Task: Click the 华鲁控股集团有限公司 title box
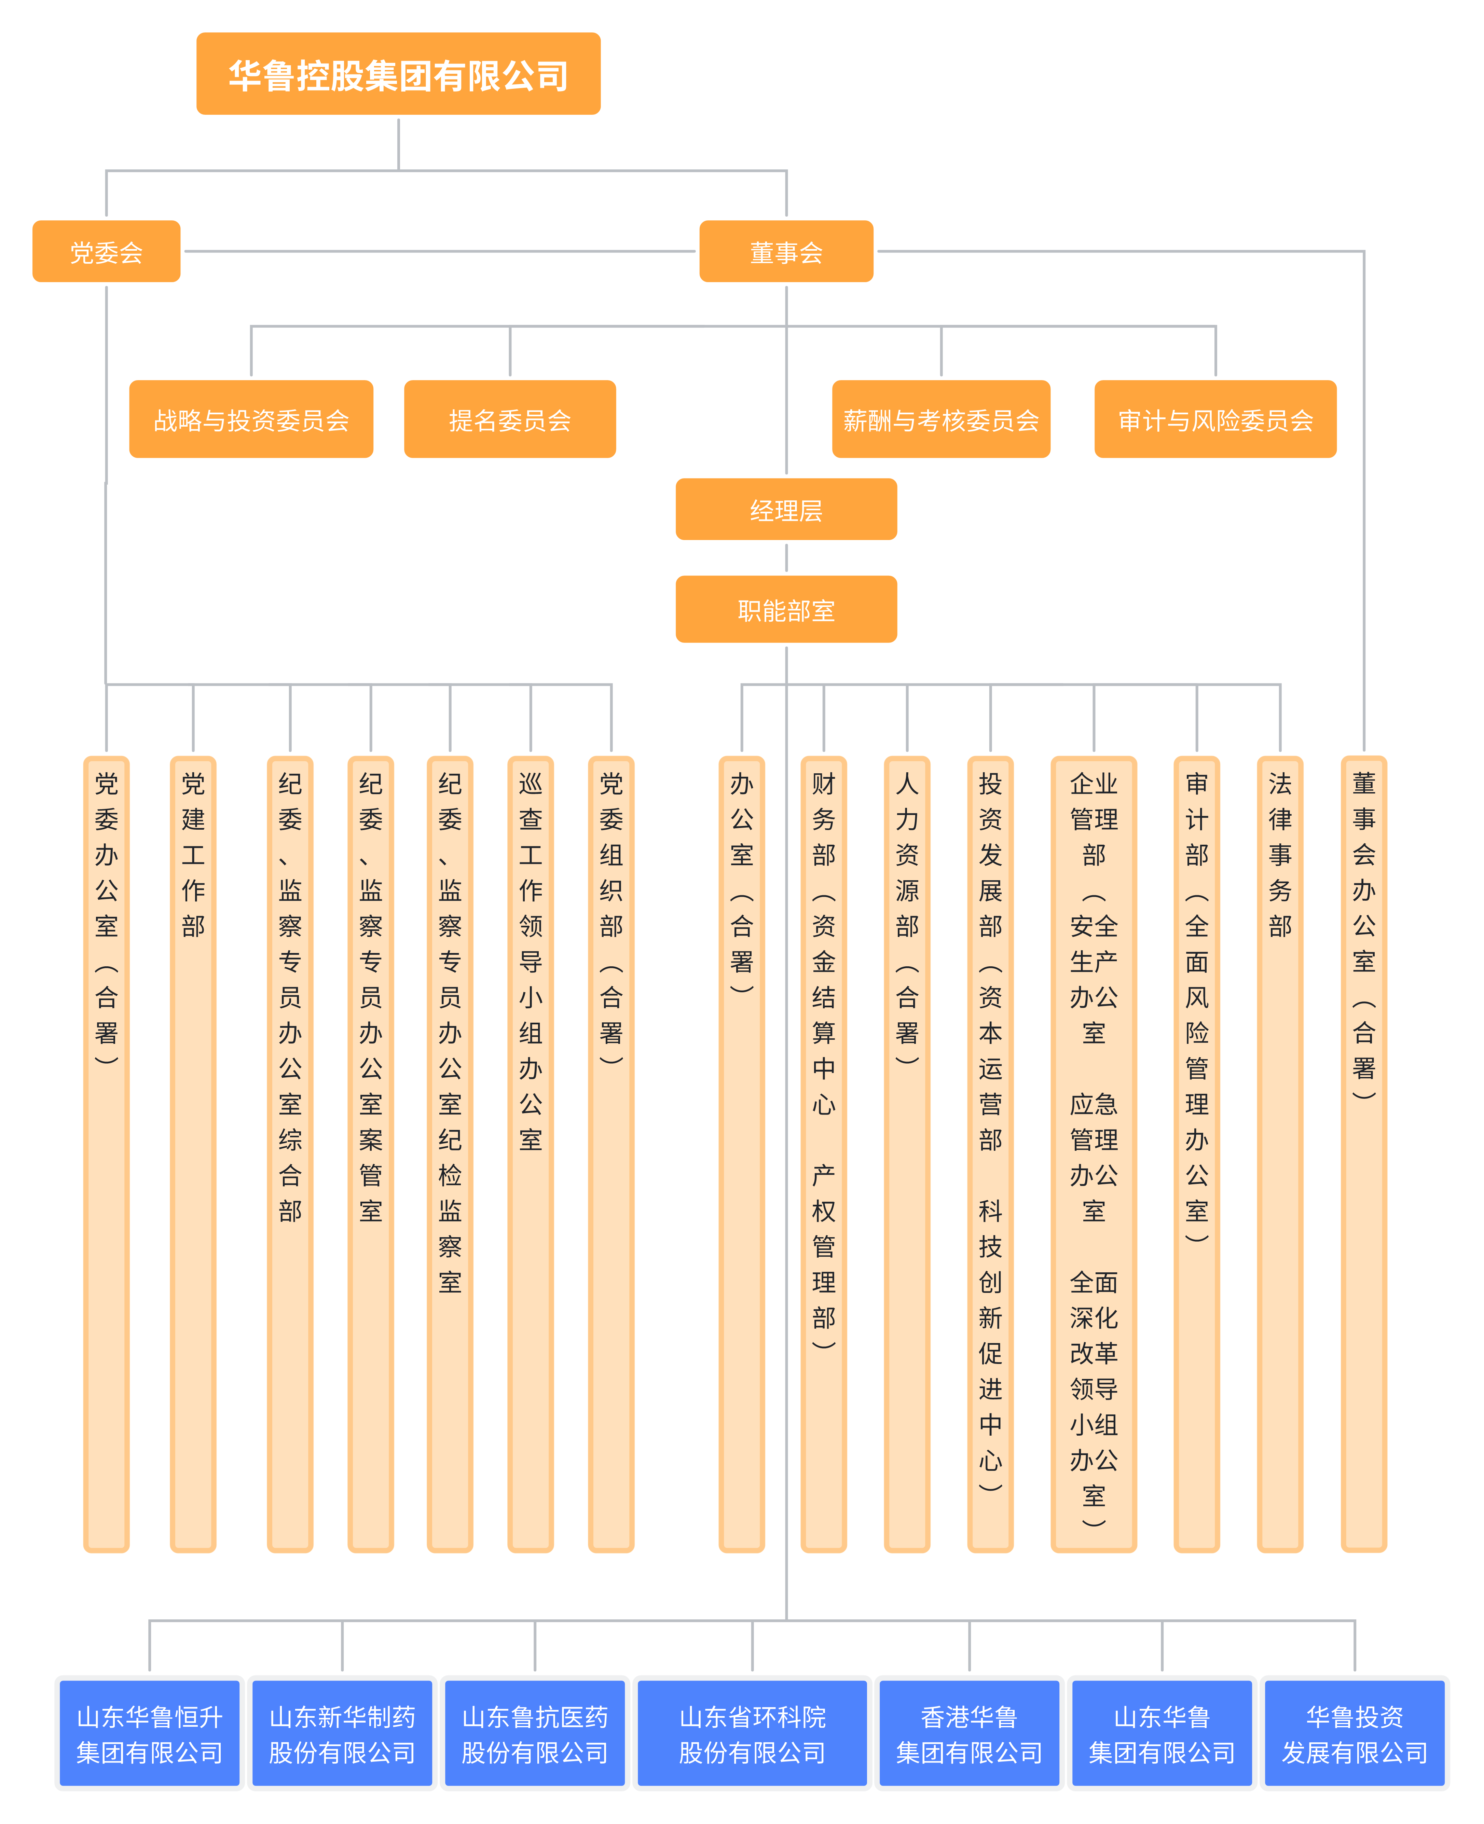point(398,74)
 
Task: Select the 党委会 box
point(106,251)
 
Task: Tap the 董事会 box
point(786,251)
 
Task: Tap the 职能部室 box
point(786,609)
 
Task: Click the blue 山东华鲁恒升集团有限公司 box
point(150,1733)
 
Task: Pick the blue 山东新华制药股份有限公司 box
point(342,1733)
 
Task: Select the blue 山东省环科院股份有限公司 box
point(752,1733)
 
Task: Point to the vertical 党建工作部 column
point(193,1154)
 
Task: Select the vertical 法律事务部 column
point(1280,1154)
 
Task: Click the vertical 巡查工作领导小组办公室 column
point(531,1154)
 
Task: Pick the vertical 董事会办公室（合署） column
point(1363,1154)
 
